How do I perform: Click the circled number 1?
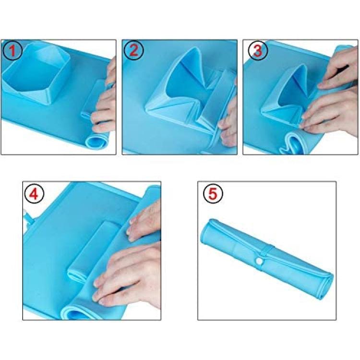tap(12, 50)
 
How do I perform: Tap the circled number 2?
tap(133, 50)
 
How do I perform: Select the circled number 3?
tap(258, 50)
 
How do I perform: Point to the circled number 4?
tap(34, 194)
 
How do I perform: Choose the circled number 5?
tap(213, 194)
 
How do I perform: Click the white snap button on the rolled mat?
tap(259, 261)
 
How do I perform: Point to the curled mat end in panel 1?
tap(96, 141)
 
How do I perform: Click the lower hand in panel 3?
tap(331, 115)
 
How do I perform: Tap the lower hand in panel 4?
tap(129, 273)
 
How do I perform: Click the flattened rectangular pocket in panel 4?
tap(92, 250)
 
